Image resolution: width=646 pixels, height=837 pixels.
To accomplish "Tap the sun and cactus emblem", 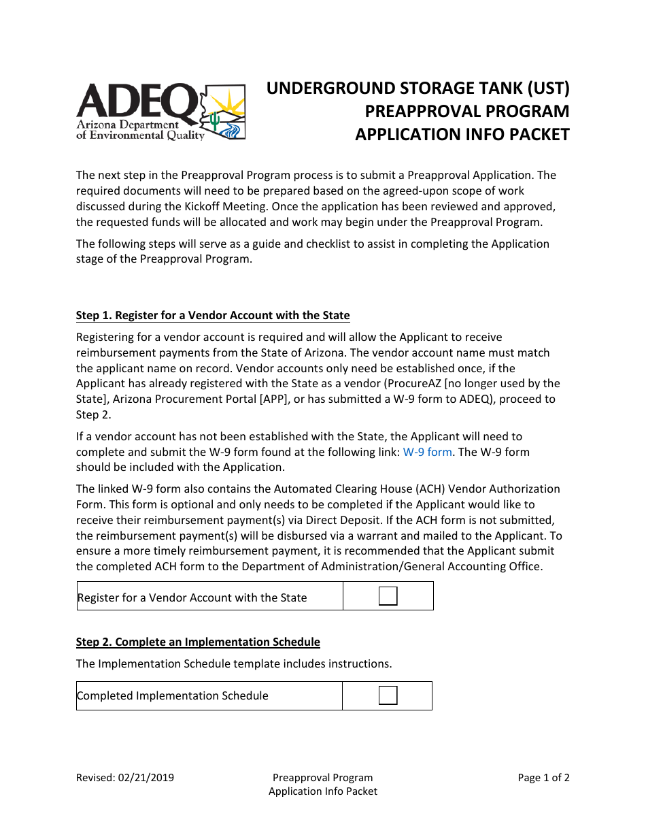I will pyautogui.click(x=224, y=112).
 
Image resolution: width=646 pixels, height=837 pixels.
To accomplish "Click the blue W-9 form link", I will pyautogui.click(x=427, y=452).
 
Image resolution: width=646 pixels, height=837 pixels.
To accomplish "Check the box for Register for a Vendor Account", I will pyautogui.click(x=388, y=596).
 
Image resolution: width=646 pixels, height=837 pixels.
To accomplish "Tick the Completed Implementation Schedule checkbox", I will pyautogui.click(x=388, y=695).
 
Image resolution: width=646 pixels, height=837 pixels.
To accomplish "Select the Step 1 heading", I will pyautogui.click(x=213, y=315).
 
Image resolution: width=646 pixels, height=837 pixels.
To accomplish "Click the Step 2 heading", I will pyautogui.click(x=198, y=642).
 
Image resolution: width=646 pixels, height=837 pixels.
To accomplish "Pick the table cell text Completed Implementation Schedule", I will pyautogui.click(x=173, y=695).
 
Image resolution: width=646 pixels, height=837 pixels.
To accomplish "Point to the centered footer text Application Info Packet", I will pyautogui.click(x=323, y=791).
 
